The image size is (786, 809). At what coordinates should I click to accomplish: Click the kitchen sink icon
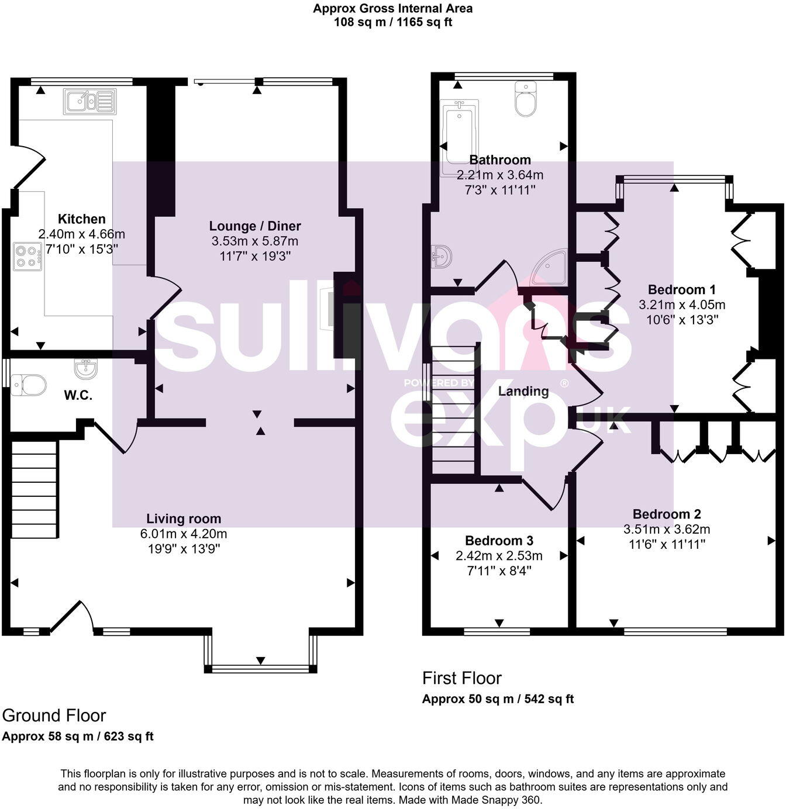(x=89, y=101)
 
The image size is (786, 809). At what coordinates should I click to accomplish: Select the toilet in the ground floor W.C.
(x=29, y=385)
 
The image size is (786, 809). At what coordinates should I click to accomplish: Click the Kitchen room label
(x=82, y=219)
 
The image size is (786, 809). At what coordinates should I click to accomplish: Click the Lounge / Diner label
(x=255, y=226)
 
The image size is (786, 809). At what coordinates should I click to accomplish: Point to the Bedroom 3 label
(x=499, y=541)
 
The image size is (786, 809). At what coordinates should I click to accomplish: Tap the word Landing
(x=523, y=391)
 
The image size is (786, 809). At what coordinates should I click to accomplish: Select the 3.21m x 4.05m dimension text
(x=682, y=305)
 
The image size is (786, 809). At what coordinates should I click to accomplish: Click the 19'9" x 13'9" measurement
(x=184, y=549)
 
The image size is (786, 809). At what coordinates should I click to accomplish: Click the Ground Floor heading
(x=54, y=715)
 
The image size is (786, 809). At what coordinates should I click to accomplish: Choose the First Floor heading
(x=462, y=678)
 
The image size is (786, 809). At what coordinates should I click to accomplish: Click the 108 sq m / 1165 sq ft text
(x=393, y=23)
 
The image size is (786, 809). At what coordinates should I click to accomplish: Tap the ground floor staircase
(x=35, y=489)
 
